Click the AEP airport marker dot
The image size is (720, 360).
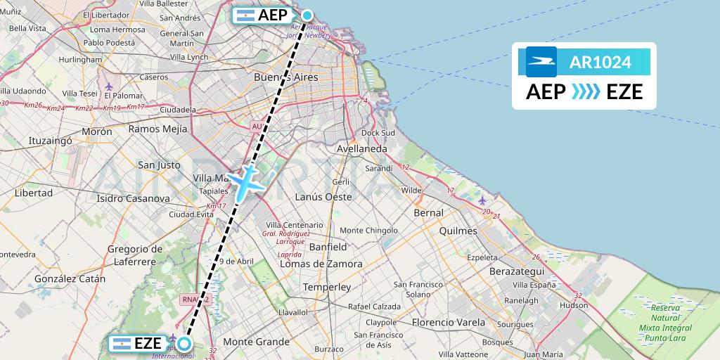pos(307,15)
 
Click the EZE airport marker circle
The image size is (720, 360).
pos(184,344)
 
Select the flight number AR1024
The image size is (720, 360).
pos(600,63)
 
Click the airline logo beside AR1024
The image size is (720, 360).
pos(541,62)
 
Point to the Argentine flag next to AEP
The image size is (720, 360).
pos(245,15)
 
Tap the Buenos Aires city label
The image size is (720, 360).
pos(285,77)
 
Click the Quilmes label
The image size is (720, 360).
pos(457,231)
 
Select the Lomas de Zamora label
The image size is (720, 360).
pos(321,264)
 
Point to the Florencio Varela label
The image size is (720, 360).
pos(448,322)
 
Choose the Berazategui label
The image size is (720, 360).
pos(516,271)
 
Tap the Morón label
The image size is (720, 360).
pos(97,131)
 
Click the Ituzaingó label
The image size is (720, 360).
pos(50,141)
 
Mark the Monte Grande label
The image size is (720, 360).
pos(256,342)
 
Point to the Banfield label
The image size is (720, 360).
pos(328,247)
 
